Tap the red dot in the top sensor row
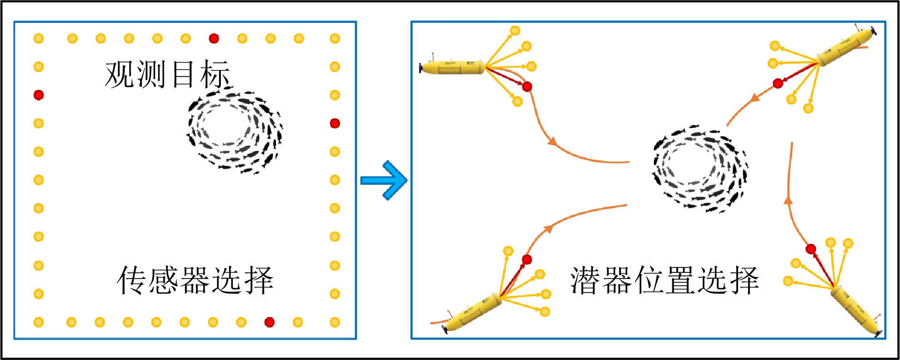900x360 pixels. click(x=214, y=38)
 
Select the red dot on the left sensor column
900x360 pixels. click(x=39, y=95)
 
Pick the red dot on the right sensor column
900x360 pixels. click(x=335, y=123)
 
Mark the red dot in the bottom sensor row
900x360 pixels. click(x=269, y=322)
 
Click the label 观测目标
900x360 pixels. click(x=167, y=74)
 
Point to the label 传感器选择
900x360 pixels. click(x=195, y=280)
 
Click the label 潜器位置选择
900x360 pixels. click(x=664, y=280)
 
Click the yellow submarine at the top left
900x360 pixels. click(x=452, y=67)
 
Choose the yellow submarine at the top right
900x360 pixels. click(x=845, y=48)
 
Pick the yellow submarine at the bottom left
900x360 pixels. click(x=472, y=312)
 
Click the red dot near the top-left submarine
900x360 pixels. click(x=527, y=87)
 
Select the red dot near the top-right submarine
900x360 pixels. click(x=778, y=83)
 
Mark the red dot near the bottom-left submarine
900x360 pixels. click(x=527, y=259)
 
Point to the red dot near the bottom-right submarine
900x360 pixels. click(x=811, y=249)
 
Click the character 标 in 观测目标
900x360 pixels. click(x=215, y=74)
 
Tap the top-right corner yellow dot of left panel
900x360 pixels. click(x=335, y=38)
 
